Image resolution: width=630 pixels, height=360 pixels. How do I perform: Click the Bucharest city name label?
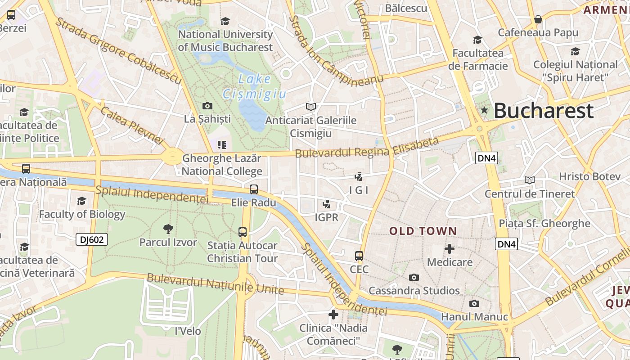(x=544, y=111)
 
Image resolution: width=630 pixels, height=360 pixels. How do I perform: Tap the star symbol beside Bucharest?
(x=484, y=110)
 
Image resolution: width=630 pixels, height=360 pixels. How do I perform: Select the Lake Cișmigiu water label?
(x=255, y=86)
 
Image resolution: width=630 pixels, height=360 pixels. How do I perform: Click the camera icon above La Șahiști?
(x=207, y=106)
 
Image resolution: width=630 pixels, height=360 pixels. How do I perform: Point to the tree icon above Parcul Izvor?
(x=168, y=229)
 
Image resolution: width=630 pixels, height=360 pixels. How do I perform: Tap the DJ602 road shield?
(x=92, y=239)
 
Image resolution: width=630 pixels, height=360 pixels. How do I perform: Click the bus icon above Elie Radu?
(x=254, y=189)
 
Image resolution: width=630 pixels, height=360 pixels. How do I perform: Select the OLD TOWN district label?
(x=423, y=231)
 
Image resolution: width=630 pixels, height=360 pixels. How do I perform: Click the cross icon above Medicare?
(x=450, y=249)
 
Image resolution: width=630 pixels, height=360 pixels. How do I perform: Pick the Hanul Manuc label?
(x=474, y=317)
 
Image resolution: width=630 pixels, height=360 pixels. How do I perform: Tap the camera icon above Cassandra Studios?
(x=414, y=278)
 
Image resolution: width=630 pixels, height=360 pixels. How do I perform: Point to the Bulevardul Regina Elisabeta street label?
(x=367, y=148)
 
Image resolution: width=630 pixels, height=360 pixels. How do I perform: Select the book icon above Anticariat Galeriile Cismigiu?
(x=311, y=107)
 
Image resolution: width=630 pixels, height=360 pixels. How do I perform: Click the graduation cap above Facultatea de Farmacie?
(x=477, y=40)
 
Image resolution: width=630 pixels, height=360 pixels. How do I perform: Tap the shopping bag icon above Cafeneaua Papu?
(x=538, y=19)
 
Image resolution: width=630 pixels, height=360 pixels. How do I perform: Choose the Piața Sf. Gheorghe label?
(x=544, y=223)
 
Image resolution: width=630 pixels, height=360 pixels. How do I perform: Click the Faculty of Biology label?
(x=82, y=214)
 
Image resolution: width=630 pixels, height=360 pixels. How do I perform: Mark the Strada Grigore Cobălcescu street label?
(x=118, y=51)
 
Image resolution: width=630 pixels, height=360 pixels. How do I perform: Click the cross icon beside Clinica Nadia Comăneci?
(x=333, y=314)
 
